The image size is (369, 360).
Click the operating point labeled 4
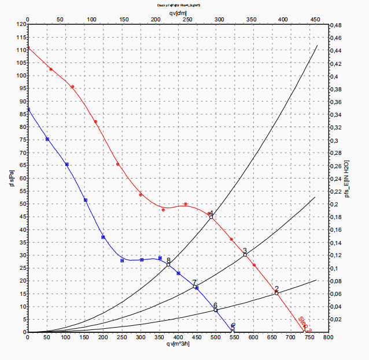coord(211,217)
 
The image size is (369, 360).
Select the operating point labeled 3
coord(245,254)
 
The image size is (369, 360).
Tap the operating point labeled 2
coord(276,293)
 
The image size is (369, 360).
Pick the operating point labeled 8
coord(168,265)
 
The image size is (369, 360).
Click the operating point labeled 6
coord(216,310)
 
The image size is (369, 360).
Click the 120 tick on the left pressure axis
coord(21,25)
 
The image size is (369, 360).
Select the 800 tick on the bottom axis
coord(328,336)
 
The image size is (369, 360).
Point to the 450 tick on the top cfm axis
coord(315,19)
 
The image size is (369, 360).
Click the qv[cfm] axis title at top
coord(178,12)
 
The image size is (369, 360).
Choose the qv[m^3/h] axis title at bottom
coord(178,344)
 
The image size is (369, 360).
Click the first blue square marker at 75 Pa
coord(47,139)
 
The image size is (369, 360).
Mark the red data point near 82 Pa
coord(95,121)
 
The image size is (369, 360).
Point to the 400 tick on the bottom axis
coord(178,336)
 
